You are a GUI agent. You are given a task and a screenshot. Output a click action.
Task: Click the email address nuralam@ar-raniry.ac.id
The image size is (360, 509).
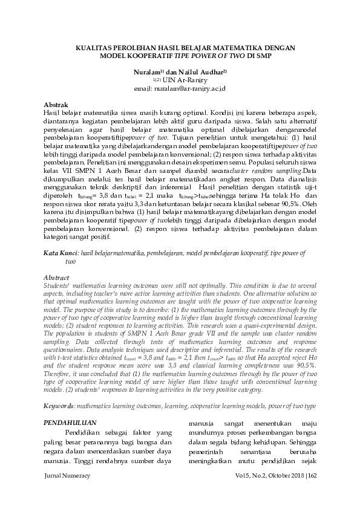pyautogui.click(x=195, y=88)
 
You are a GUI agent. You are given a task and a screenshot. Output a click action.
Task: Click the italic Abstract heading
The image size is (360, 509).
pyautogui.click(x=57, y=277)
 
